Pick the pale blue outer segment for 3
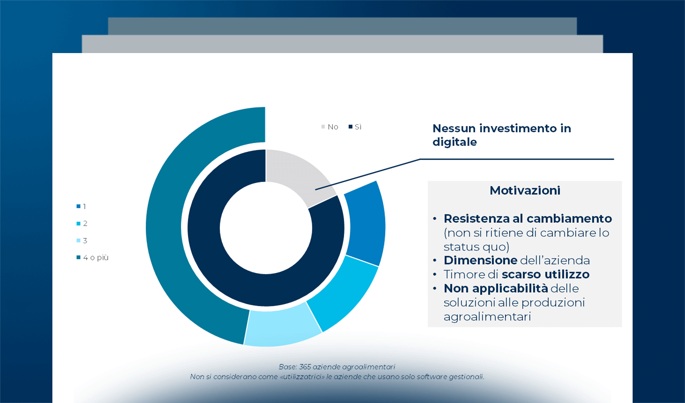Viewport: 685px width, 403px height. tap(282, 327)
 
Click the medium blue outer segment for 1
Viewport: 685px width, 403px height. tap(366, 223)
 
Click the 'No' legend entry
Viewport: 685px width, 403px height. tap(330, 127)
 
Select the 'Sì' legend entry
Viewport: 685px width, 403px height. tap(355, 127)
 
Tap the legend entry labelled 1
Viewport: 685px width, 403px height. tap(81, 206)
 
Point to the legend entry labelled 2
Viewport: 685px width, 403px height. tap(82, 223)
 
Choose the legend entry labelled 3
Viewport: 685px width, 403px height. tap(82, 240)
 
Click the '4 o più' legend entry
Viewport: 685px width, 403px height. tap(93, 258)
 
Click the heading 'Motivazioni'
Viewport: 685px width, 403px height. tap(525, 190)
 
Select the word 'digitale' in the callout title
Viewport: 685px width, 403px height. tap(454, 142)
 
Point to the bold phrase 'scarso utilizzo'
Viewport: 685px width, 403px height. tap(546, 274)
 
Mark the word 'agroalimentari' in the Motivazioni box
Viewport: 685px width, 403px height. tap(487, 317)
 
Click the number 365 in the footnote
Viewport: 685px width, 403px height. tap(305, 367)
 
